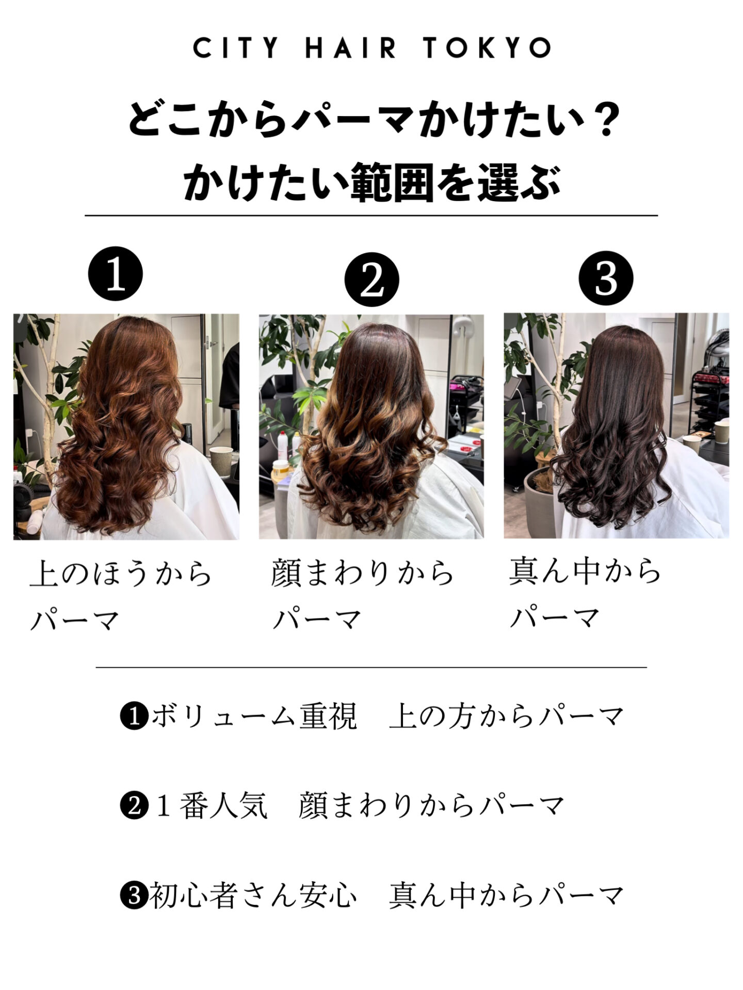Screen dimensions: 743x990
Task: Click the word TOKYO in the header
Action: point(487,48)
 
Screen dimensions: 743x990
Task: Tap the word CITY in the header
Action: point(236,48)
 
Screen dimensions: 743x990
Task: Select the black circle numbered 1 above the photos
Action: point(116,274)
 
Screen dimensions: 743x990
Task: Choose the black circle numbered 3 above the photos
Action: point(606,278)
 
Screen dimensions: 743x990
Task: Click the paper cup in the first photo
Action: point(221,463)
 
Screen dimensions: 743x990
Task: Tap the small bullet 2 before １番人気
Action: point(134,805)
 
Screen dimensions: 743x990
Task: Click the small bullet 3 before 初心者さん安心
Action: point(134,896)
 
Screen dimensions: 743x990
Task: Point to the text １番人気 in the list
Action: point(211,805)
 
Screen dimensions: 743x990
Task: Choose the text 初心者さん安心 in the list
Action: point(253,896)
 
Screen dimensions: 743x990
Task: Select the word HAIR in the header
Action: point(351,48)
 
